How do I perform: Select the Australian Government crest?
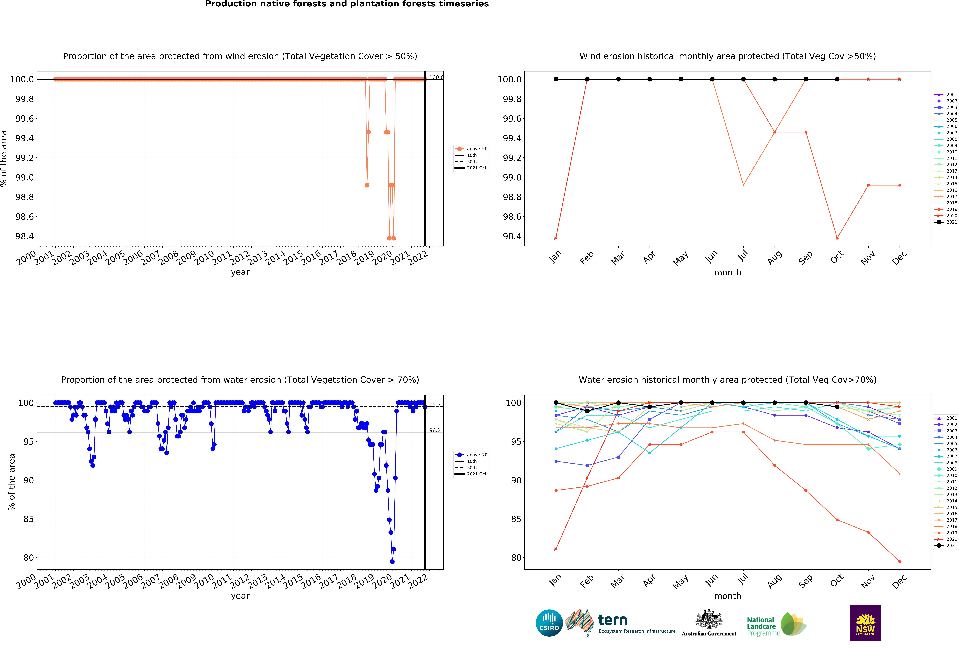[x=709, y=619]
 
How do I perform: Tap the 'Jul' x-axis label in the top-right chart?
[x=742, y=257]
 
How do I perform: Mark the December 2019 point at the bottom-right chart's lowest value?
[x=900, y=561]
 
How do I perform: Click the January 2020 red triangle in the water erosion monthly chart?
[x=556, y=549]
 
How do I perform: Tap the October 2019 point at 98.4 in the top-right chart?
[x=837, y=238]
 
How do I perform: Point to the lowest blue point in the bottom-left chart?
[x=392, y=561]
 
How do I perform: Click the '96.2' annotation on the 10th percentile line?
[x=435, y=430]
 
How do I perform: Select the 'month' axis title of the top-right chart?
[x=727, y=273]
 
